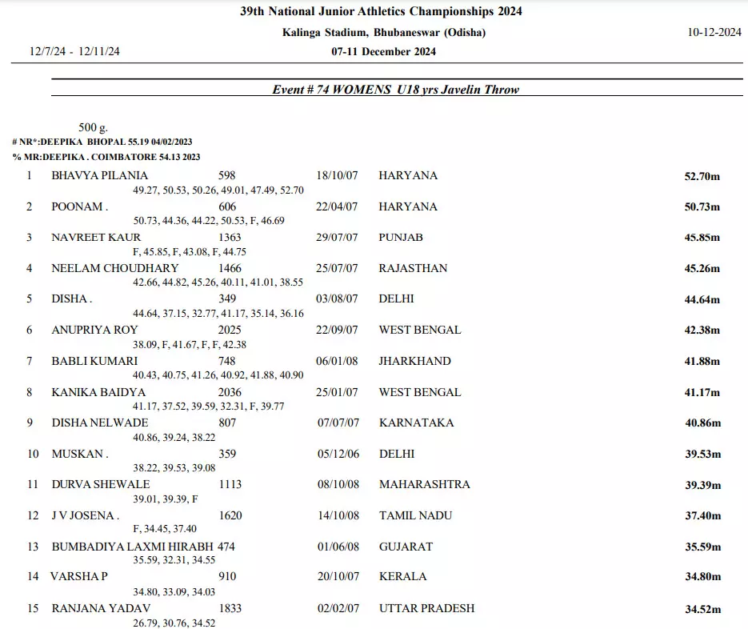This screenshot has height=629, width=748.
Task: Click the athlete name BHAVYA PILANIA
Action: [100, 175]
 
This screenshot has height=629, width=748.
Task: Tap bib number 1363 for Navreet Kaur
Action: [230, 238]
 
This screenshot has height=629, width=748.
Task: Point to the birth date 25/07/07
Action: [338, 268]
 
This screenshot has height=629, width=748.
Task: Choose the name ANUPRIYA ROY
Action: [94, 330]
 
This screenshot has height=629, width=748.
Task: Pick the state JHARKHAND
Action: [414, 361]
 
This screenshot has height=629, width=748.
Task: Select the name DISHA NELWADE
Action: [100, 423]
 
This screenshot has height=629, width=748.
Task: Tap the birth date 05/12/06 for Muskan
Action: [338, 454]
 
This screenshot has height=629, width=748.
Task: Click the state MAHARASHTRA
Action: [424, 484]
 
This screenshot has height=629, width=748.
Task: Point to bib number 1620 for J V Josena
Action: [230, 515]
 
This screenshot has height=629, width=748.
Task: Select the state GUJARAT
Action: [406, 547]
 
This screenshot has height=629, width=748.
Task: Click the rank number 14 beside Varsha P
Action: [33, 576]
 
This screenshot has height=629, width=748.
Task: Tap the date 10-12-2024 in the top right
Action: [714, 33]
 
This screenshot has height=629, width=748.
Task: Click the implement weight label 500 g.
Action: [93, 127]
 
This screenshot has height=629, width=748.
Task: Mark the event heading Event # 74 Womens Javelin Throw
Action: [395, 90]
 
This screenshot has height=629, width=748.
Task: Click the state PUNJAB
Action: [401, 238]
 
